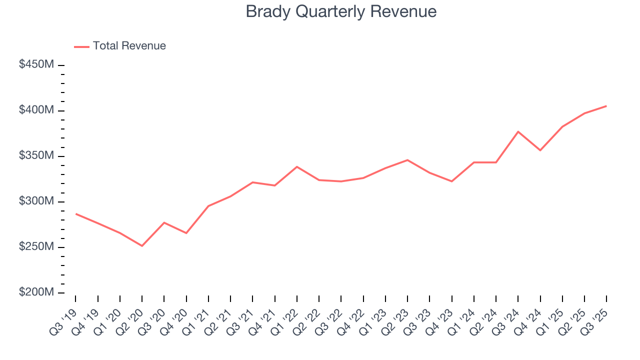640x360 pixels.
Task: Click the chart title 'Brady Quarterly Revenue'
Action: (x=341, y=11)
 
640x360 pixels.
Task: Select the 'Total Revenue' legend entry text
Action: (x=129, y=46)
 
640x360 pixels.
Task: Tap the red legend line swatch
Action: (x=81, y=46)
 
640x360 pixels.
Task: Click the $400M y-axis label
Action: (x=36, y=110)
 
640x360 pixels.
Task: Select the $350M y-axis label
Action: (x=36, y=155)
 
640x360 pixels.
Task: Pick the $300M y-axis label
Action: (x=36, y=201)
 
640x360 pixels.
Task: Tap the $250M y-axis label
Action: (x=36, y=247)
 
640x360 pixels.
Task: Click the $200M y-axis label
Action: (x=36, y=292)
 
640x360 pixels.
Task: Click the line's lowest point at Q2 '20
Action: (x=142, y=246)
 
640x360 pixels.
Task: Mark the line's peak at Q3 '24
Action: (x=518, y=131)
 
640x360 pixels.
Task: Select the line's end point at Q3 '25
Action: (x=606, y=106)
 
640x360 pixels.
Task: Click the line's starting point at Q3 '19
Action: (x=76, y=213)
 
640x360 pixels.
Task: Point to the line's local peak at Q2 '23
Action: (x=407, y=160)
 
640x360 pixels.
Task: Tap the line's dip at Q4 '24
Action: (x=540, y=150)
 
